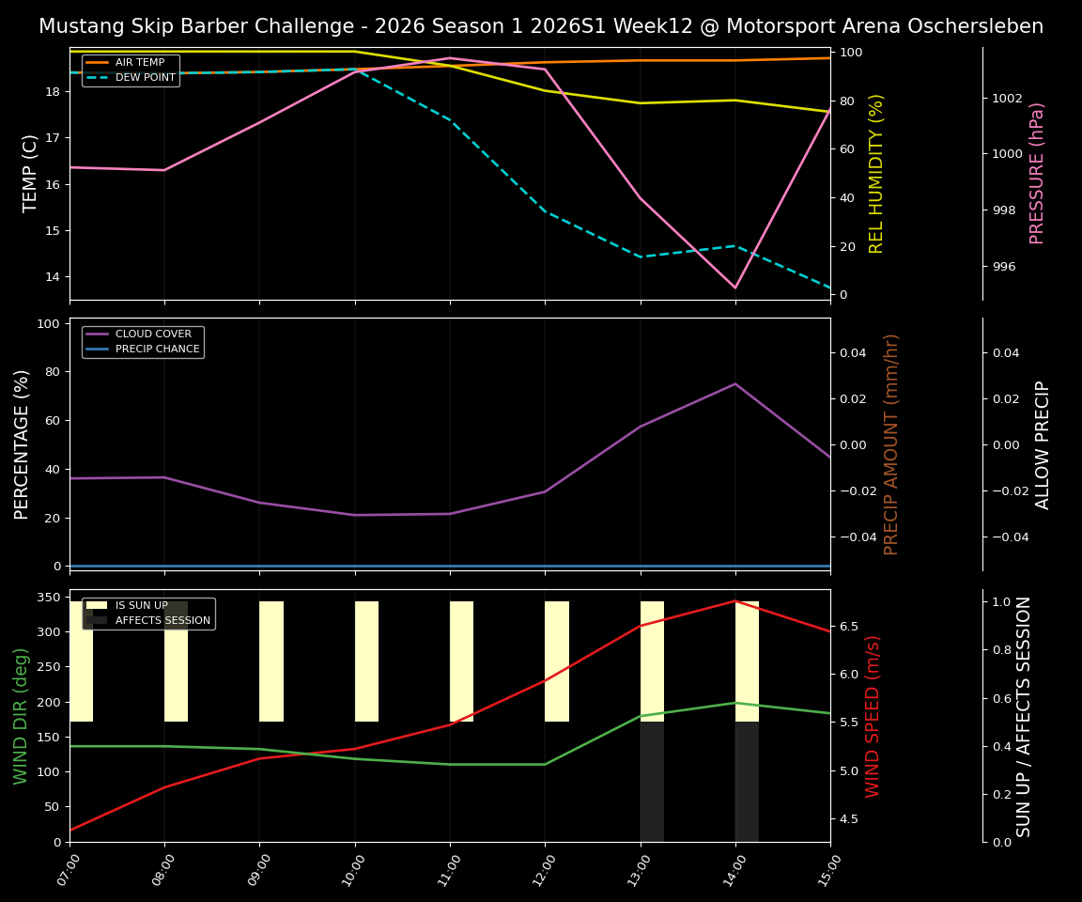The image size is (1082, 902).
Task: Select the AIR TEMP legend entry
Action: tap(139, 63)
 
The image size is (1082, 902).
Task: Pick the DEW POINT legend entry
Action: tap(145, 78)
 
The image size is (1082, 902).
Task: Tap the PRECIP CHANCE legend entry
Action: tap(157, 350)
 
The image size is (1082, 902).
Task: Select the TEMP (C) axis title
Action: tap(31, 173)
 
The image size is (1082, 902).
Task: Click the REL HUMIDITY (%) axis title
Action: tap(877, 173)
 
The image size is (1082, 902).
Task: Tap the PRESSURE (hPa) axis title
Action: tap(1037, 173)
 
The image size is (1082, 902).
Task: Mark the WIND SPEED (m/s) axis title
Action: tap(873, 716)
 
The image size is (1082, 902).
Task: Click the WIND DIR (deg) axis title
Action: tap(21, 716)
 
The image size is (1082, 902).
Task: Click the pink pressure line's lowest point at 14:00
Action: tap(735, 288)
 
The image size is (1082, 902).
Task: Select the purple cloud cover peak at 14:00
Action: tap(735, 383)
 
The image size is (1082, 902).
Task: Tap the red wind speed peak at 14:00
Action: tap(735, 600)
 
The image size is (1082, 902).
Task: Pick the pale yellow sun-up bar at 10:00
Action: tap(366, 661)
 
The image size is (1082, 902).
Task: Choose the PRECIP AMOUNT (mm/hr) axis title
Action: tap(892, 444)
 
